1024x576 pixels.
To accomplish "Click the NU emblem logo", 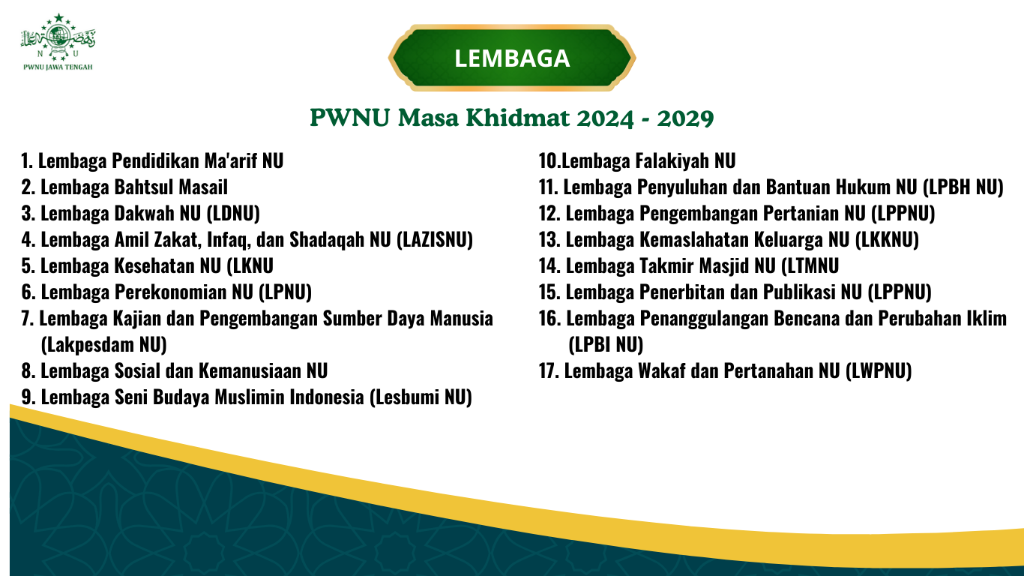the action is tap(58, 37).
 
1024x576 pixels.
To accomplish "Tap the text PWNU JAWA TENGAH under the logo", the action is tap(58, 67).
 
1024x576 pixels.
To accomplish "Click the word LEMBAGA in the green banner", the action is tap(512, 58).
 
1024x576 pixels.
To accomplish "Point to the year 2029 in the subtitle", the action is tap(685, 118).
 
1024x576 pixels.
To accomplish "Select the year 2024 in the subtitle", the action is tap(605, 118).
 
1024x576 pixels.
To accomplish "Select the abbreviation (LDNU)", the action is tap(233, 214).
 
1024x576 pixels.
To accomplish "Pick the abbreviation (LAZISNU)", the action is tap(434, 240).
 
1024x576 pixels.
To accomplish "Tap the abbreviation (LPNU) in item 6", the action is tap(286, 292).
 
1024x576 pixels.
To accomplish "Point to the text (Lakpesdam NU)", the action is tap(103, 345).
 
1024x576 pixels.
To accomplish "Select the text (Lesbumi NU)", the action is tap(421, 397).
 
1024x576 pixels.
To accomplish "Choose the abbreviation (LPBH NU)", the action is tap(963, 187).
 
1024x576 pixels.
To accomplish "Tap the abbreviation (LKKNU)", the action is tap(887, 240).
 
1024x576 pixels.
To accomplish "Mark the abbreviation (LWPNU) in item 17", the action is tap(879, 371).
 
